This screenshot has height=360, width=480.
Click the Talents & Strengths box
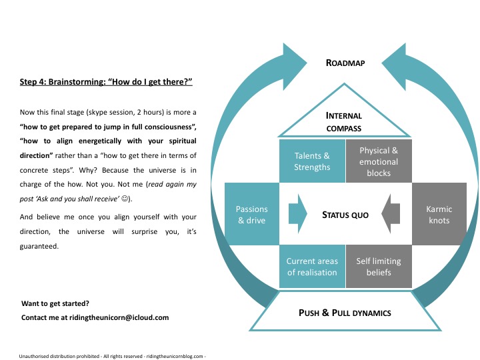pyautogui.click(x=312, y=161)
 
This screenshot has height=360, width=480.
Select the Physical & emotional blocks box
pyautogui.click(x=379, y=161)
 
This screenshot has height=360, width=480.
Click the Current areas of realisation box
pyautogui.click(x=312, y=267)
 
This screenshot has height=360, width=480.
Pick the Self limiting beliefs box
pyautogui.click(x=379, y=267)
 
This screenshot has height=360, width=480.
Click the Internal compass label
pyautogui.click(x=345, y=122)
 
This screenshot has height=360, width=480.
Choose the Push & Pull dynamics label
pyautogui.click(x=345, y=312)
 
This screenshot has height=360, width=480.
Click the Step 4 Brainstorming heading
pyautogui.click(x=107, y=83)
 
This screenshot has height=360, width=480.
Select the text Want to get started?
pyautogui.click(x=55, y=303)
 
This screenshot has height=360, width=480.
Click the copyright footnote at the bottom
pyautogui.click(x=111, y=355)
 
